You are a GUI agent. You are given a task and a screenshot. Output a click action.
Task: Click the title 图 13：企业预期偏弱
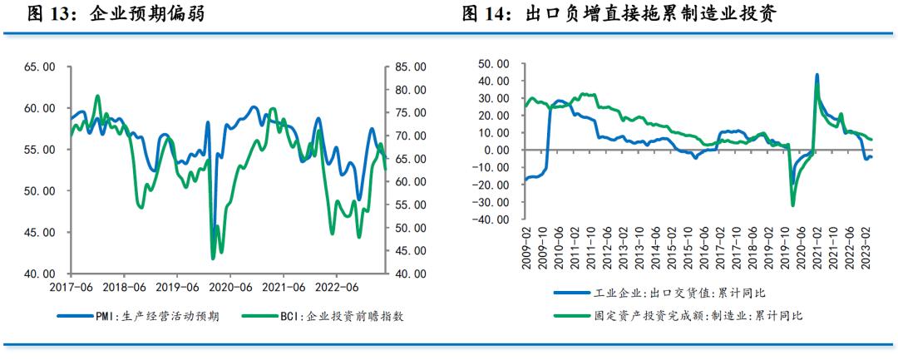pos(116,14)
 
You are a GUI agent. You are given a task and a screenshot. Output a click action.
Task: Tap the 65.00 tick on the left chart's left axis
pos(39,67)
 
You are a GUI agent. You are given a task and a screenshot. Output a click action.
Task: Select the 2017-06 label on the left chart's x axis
pos(71,286)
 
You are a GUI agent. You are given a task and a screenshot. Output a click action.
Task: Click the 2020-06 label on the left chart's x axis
pos(230,286)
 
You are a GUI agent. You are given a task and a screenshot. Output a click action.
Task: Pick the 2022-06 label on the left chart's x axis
pos(336,286)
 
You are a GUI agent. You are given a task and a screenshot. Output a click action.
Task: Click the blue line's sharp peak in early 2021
pos(817,74)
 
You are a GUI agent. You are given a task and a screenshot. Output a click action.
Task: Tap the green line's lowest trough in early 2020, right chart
pos(792,205)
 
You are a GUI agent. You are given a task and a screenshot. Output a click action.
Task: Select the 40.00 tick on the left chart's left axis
pos(39,274)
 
